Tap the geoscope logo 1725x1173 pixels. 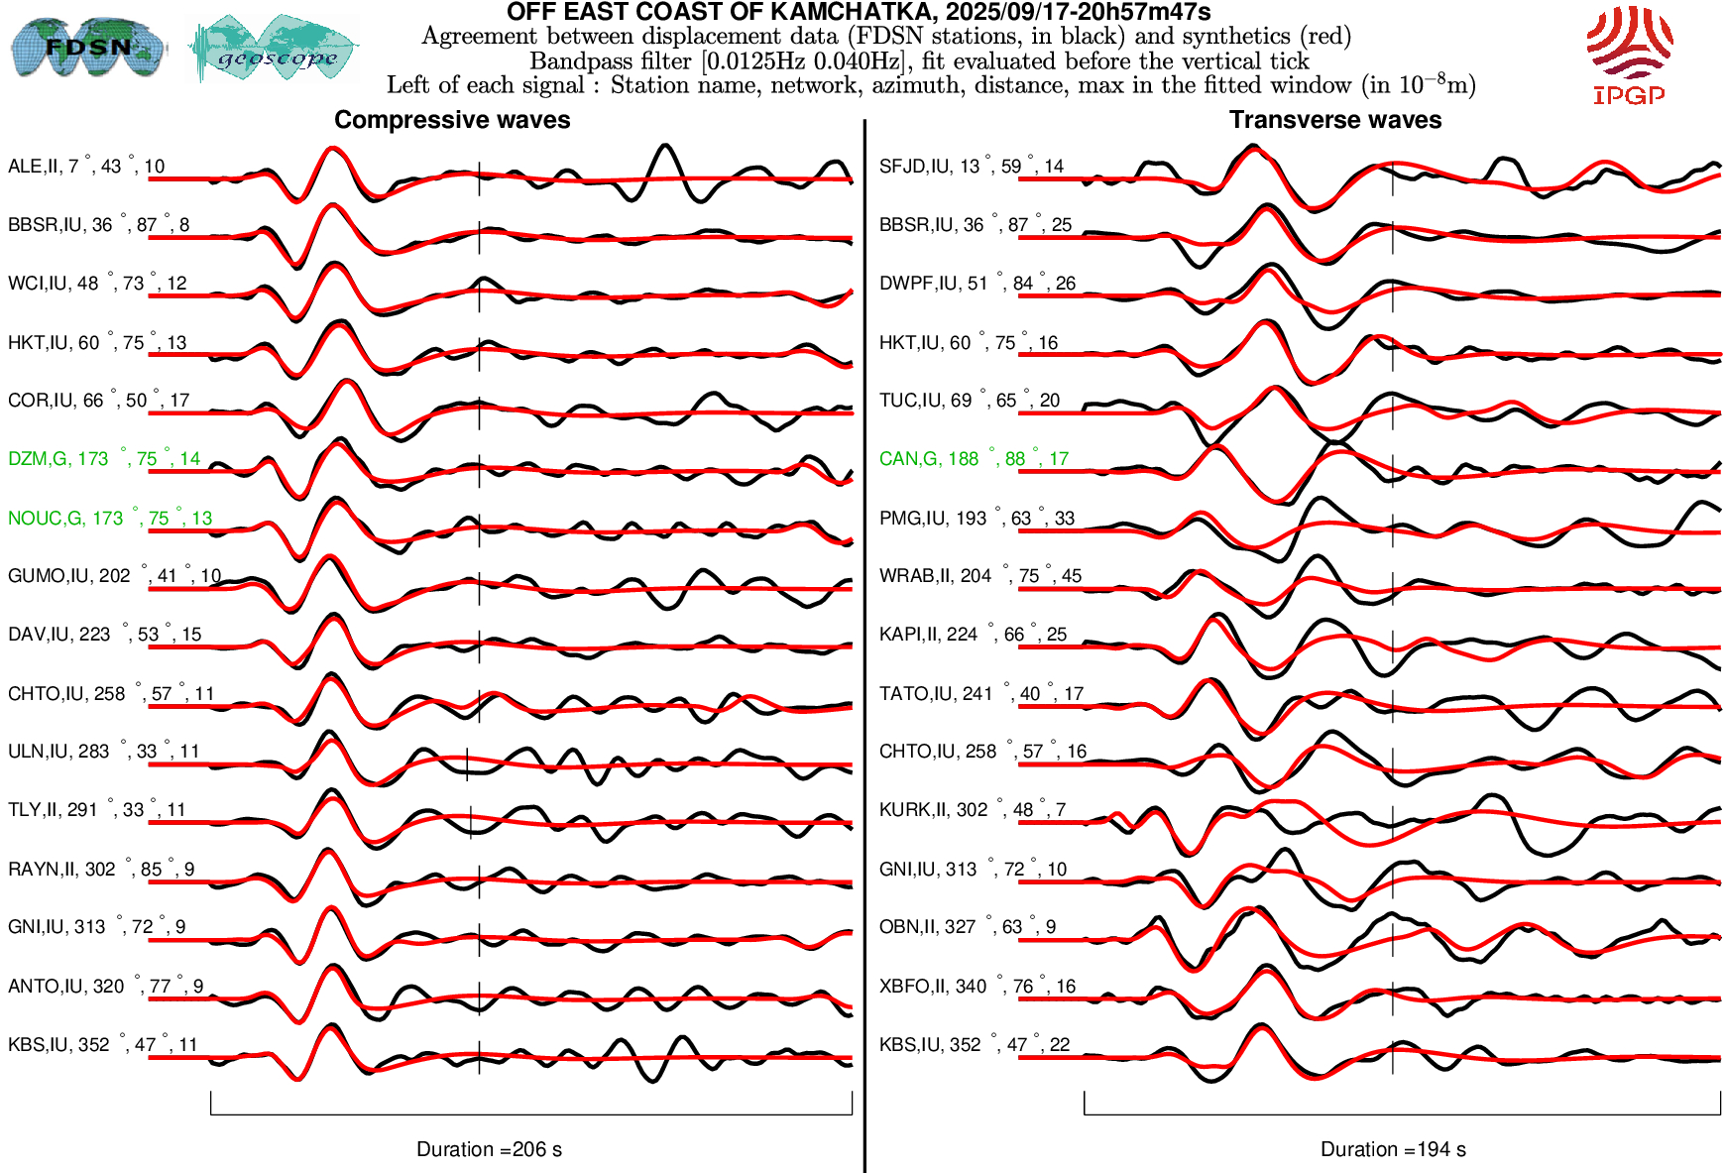[274, 49]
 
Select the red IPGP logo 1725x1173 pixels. [1629, 55]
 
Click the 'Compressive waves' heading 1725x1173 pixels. [452, 120]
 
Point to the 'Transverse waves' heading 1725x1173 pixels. [1335, 120]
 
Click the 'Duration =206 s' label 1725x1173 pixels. [489, 1149]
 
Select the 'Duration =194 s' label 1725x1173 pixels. [1393, 1149]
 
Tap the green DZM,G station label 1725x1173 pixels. [104, 459]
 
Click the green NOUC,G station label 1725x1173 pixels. [110, 518]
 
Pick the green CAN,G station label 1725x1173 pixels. [974, 459]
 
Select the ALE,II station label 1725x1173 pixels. [86, 167]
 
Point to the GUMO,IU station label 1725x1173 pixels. [114, 576]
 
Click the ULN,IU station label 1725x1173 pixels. [103, 752]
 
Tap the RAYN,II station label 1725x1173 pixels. [101, 870]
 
